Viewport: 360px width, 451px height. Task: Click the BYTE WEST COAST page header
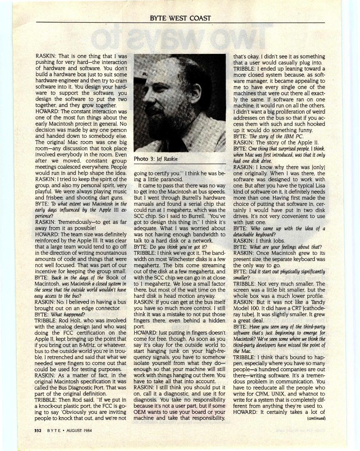[180, 18]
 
